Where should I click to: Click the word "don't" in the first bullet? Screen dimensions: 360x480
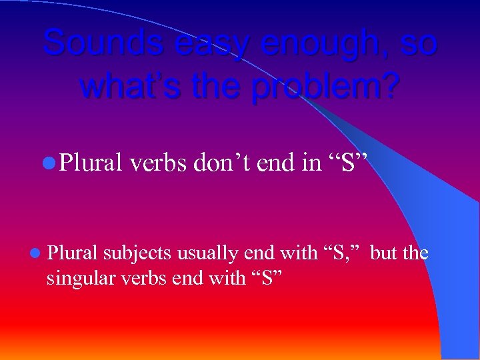tap(221, 163)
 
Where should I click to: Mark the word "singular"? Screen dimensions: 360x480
tap(78, 278)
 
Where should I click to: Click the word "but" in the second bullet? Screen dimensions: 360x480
tap(384, 253)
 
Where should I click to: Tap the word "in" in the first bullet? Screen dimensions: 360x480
tap(311, 163)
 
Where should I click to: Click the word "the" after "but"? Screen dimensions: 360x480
tap(415, 253)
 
